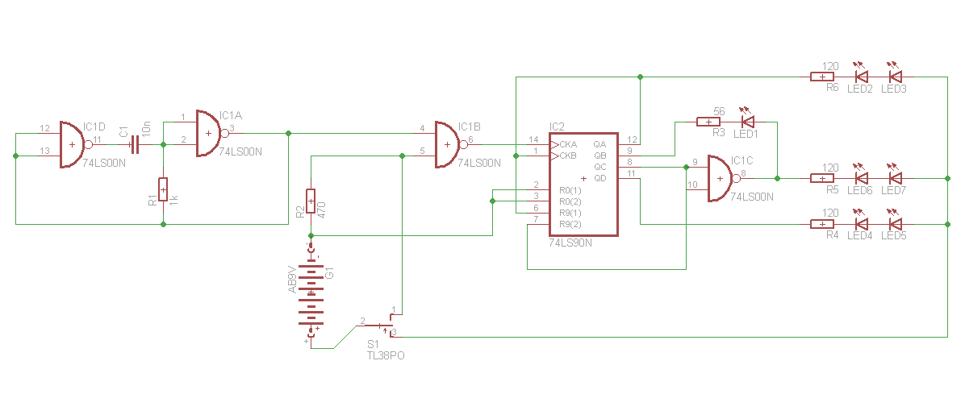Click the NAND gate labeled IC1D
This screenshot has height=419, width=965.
point(73,145)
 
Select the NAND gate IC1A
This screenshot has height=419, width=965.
point(210,133)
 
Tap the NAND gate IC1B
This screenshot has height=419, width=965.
point(448,145)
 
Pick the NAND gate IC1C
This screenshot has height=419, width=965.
point(721,179)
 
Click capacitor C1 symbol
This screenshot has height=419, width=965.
point(135,145)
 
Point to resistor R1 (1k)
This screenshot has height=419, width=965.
point(163,189)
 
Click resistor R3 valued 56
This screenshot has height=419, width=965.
point(708,122)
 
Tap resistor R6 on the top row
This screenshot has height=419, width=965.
point(821,77)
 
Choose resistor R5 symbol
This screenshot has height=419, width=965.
point(821,178)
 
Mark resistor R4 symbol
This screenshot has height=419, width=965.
point(821,224)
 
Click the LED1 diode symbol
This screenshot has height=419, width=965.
point(748,122)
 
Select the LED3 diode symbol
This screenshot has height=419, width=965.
point(894,77)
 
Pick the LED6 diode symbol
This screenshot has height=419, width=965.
point(861,178)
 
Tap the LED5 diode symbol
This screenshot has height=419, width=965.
point(894,224)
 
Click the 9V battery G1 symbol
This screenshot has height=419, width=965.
point(311,290)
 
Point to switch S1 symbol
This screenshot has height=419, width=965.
point(379,326)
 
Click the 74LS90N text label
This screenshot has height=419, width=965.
point(570,243)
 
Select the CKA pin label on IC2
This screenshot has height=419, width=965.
point(568,144)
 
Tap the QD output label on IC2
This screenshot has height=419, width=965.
point(599,178)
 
